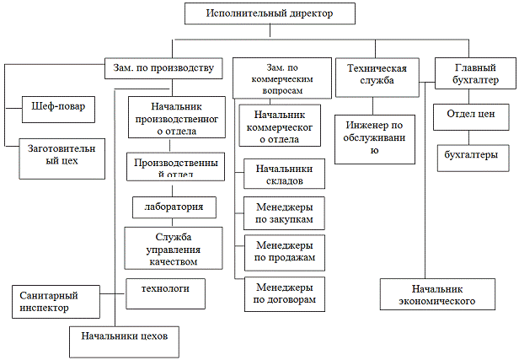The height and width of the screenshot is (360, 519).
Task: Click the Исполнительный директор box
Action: (x=268, y=13)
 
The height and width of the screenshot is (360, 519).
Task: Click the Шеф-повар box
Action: (x=56, y=107)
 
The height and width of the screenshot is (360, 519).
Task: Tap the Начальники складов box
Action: (x=283, y=175)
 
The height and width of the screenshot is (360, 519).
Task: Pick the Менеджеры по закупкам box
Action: (x=283, y=212)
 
